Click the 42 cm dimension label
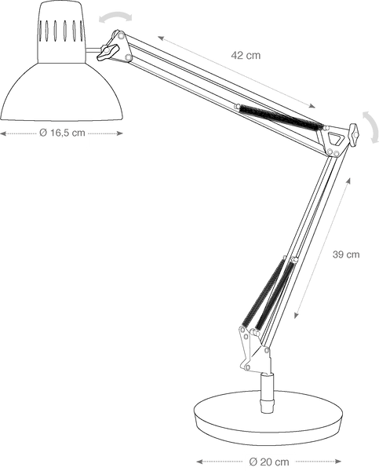pos(246,55)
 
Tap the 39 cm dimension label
pos(346,254)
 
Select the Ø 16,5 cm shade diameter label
pos(62,133)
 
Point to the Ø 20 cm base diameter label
pos(269,462)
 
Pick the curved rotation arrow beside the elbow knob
pos(372,126)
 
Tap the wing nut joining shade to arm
pos(108,52)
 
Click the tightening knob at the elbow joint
pos(354,134)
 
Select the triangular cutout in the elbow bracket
pos(334,138)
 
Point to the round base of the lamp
pos(268,418)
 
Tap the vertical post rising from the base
pos(267,393)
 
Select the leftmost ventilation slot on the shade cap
pos(40,30)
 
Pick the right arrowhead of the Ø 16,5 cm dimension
pos(119,133)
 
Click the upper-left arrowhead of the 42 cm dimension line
pos(161,38)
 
